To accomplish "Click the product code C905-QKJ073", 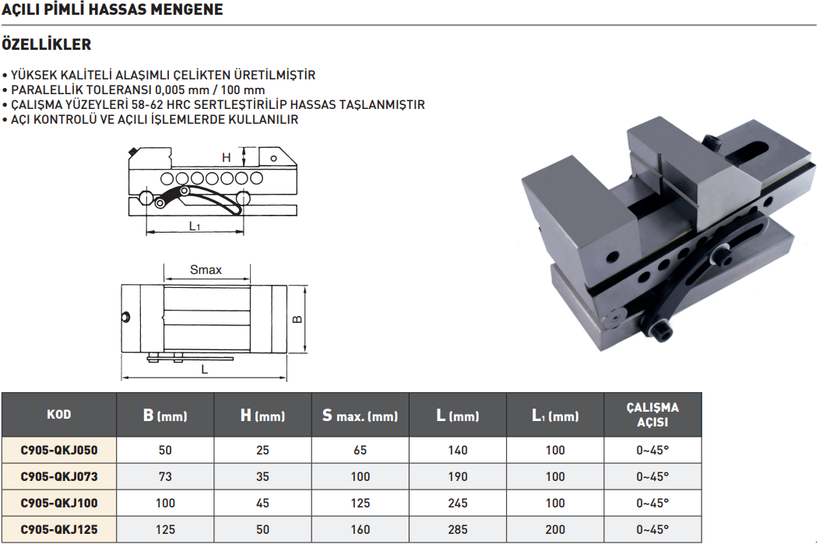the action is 59,476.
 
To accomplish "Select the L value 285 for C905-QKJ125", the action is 458,529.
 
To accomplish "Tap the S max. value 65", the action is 360,450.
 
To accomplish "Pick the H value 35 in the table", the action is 262,476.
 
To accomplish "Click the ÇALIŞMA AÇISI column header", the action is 652,415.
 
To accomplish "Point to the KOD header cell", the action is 59,415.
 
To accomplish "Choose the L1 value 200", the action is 555,529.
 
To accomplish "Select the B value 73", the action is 165,476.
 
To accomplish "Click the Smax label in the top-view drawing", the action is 206,270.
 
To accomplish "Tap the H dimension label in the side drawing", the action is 227,157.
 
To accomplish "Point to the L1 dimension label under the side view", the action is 195,226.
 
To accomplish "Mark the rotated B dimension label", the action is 297,319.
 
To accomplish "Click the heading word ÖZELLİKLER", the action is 47,44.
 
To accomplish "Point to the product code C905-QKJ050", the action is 59,450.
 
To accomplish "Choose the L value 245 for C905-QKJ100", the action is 458,504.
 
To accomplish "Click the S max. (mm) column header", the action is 360,416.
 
